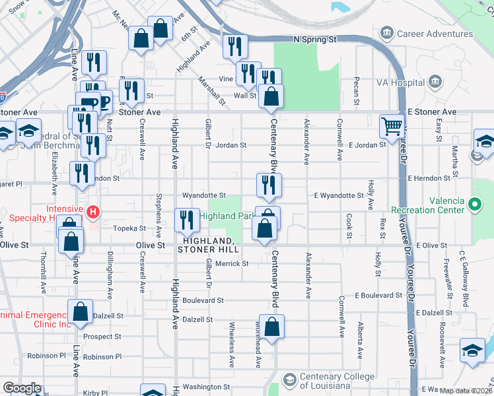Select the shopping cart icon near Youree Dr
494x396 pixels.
tap(392, 125)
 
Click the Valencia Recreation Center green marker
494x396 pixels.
tap(474, 205)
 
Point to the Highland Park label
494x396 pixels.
tap(227, 216)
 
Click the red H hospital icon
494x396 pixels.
tap(94, 213)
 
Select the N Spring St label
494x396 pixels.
tap(315, 40)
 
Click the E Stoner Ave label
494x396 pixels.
tap(432, 112)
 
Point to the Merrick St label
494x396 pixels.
tap(235, 263)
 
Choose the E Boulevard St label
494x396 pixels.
tap(378, 295)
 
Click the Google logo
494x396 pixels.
tap(22, 388)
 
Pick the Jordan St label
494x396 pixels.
tap(230, 145)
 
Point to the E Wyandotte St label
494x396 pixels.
tap(339, 195)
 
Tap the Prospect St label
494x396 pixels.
tap(102, 337)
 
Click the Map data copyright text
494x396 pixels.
tap(466, 391)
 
